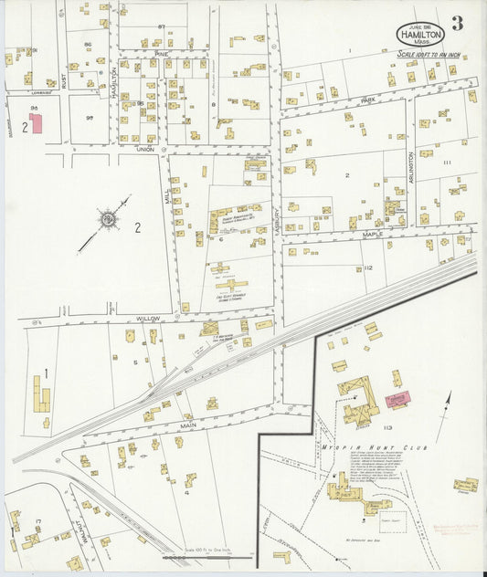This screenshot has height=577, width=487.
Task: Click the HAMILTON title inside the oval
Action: click(420, 34)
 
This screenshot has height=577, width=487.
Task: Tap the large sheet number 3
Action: click(457, 24)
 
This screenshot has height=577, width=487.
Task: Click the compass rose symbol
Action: click(108, 219)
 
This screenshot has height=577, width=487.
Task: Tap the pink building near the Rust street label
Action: click(37, 123)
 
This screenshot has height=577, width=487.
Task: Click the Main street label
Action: click(189, 425)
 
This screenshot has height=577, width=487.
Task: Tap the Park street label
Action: click(367, 100)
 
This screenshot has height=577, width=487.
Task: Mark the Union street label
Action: click(144, 148)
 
